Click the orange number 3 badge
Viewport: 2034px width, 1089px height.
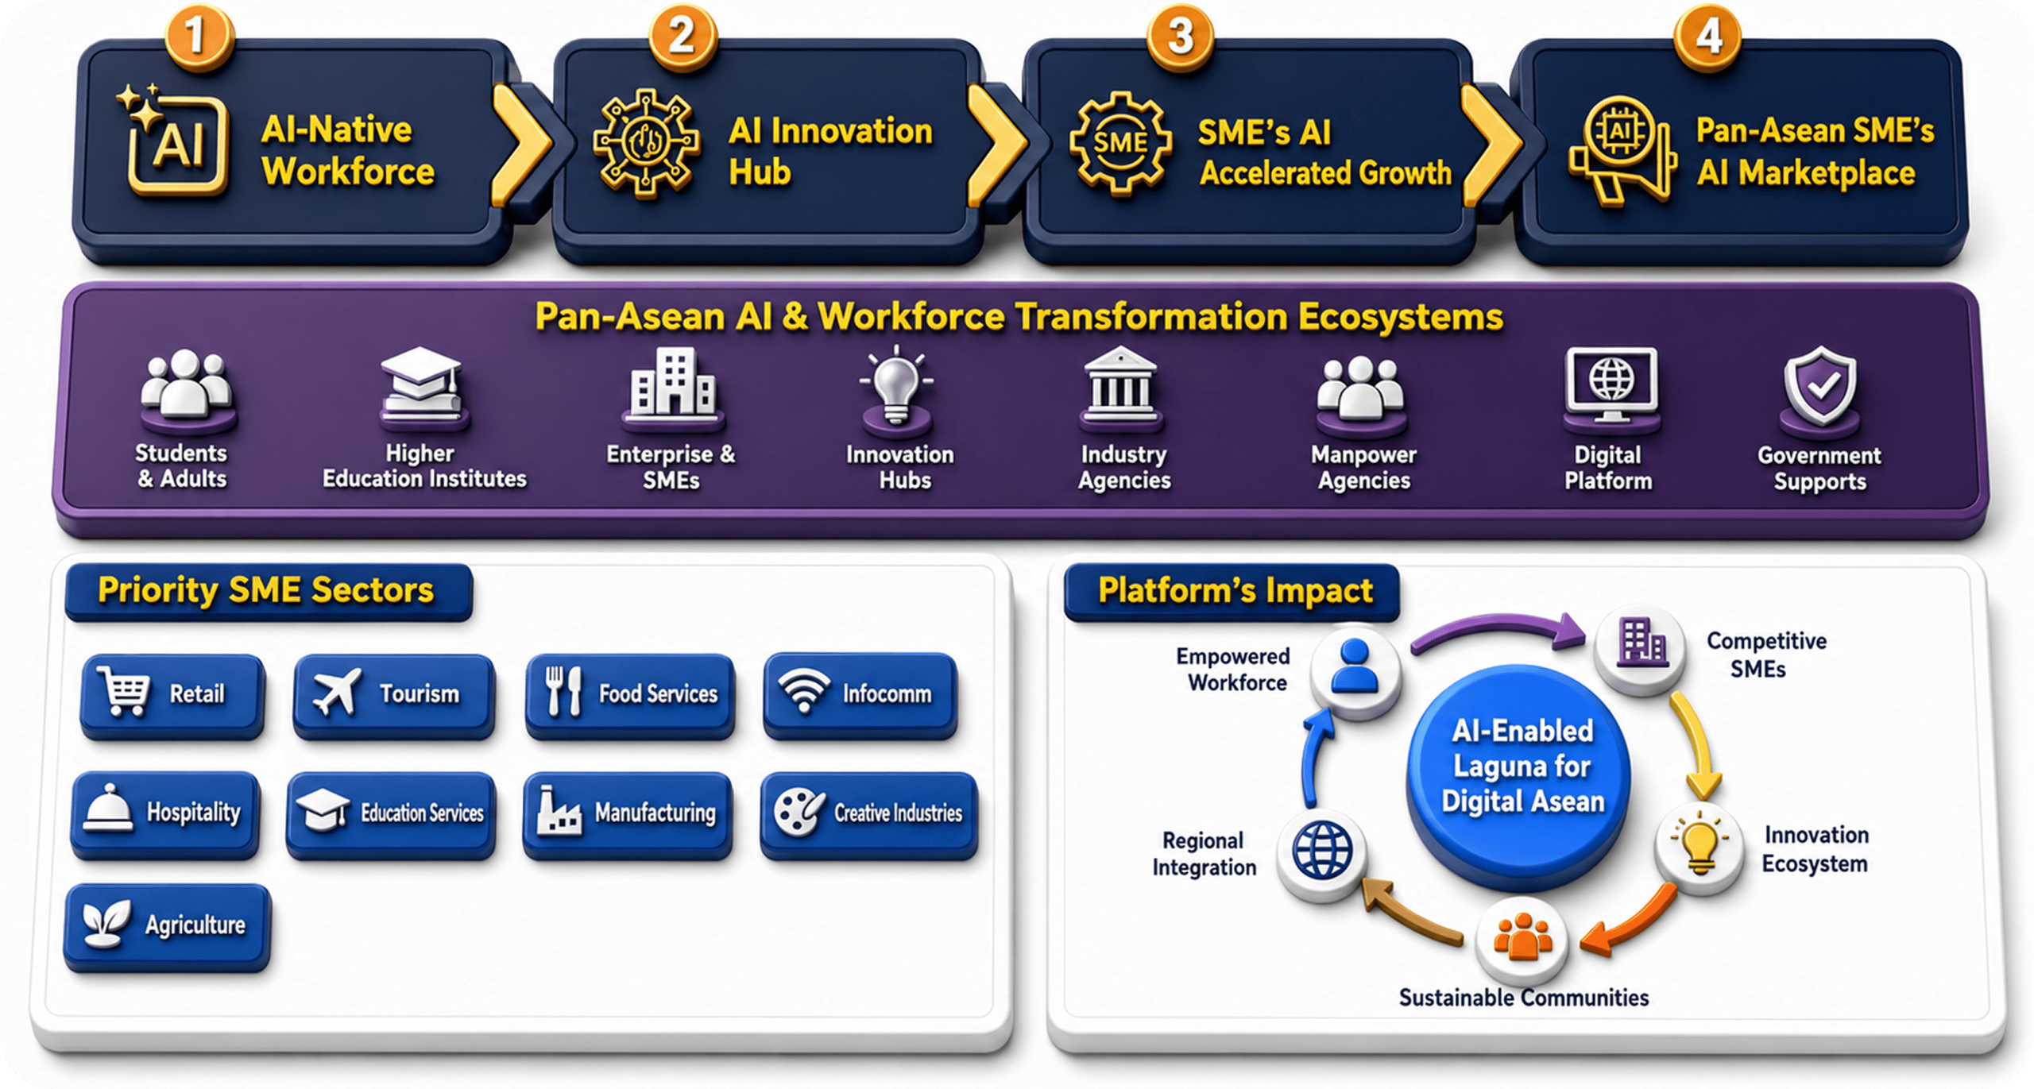click(x=1181, y=37)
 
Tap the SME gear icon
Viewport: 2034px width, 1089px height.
click(x=1120, y=143)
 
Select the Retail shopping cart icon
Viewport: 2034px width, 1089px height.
click(x=124, y=691)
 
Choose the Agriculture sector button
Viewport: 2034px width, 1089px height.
click(x=168, y=926)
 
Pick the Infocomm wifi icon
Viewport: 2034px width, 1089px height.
click(x=804, y=689)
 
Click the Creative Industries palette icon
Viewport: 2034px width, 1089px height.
click(x=799, y=812)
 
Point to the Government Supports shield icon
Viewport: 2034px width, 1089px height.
click(x=1820, y=388)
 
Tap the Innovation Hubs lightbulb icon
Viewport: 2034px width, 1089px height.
click(x=896, y=386)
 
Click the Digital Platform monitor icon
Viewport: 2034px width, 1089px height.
click(x=1611, y=384)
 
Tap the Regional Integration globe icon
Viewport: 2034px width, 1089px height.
click(x=1322, y=850)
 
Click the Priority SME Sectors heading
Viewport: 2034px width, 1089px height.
click(x=266, y=590)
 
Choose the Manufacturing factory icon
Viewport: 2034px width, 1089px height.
click(x=559, y=812)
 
